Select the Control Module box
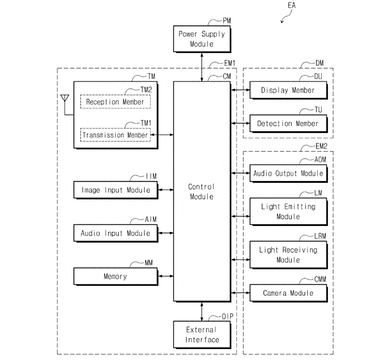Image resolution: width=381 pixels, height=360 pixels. coord(201,192)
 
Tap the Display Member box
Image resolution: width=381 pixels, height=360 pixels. coord(287,90)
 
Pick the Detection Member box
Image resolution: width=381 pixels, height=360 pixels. coord(287,124)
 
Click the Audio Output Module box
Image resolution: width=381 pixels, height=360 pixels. coord(287,173)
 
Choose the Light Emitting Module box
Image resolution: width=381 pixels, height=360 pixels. coord(287,211)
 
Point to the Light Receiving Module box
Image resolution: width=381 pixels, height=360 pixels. coord(287,255)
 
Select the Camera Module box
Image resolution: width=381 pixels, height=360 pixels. coord(287,292)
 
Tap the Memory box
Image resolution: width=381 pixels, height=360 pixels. coord(115,276)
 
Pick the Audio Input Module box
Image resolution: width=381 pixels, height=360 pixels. coord(115,233)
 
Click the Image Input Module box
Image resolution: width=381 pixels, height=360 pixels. coord(115,190)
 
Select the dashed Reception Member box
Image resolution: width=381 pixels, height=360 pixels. coord(115,102)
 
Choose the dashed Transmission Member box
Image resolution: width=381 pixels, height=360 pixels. coord(115,135)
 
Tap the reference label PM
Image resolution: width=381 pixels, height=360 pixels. coord(227,21)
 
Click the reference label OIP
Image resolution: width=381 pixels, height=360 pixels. coord(228,316)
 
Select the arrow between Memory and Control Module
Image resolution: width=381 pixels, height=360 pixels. coord(165,276)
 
